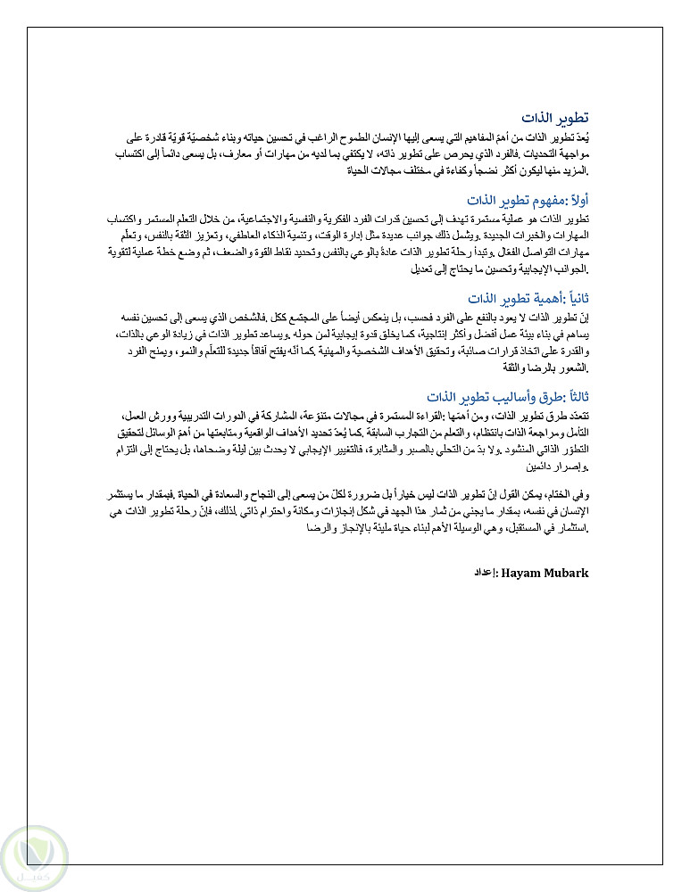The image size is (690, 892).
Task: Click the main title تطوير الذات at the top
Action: pos(555,119)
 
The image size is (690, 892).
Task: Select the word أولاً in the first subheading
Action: pos(576,200)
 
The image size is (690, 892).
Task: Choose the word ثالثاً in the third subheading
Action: pos(574,396)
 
